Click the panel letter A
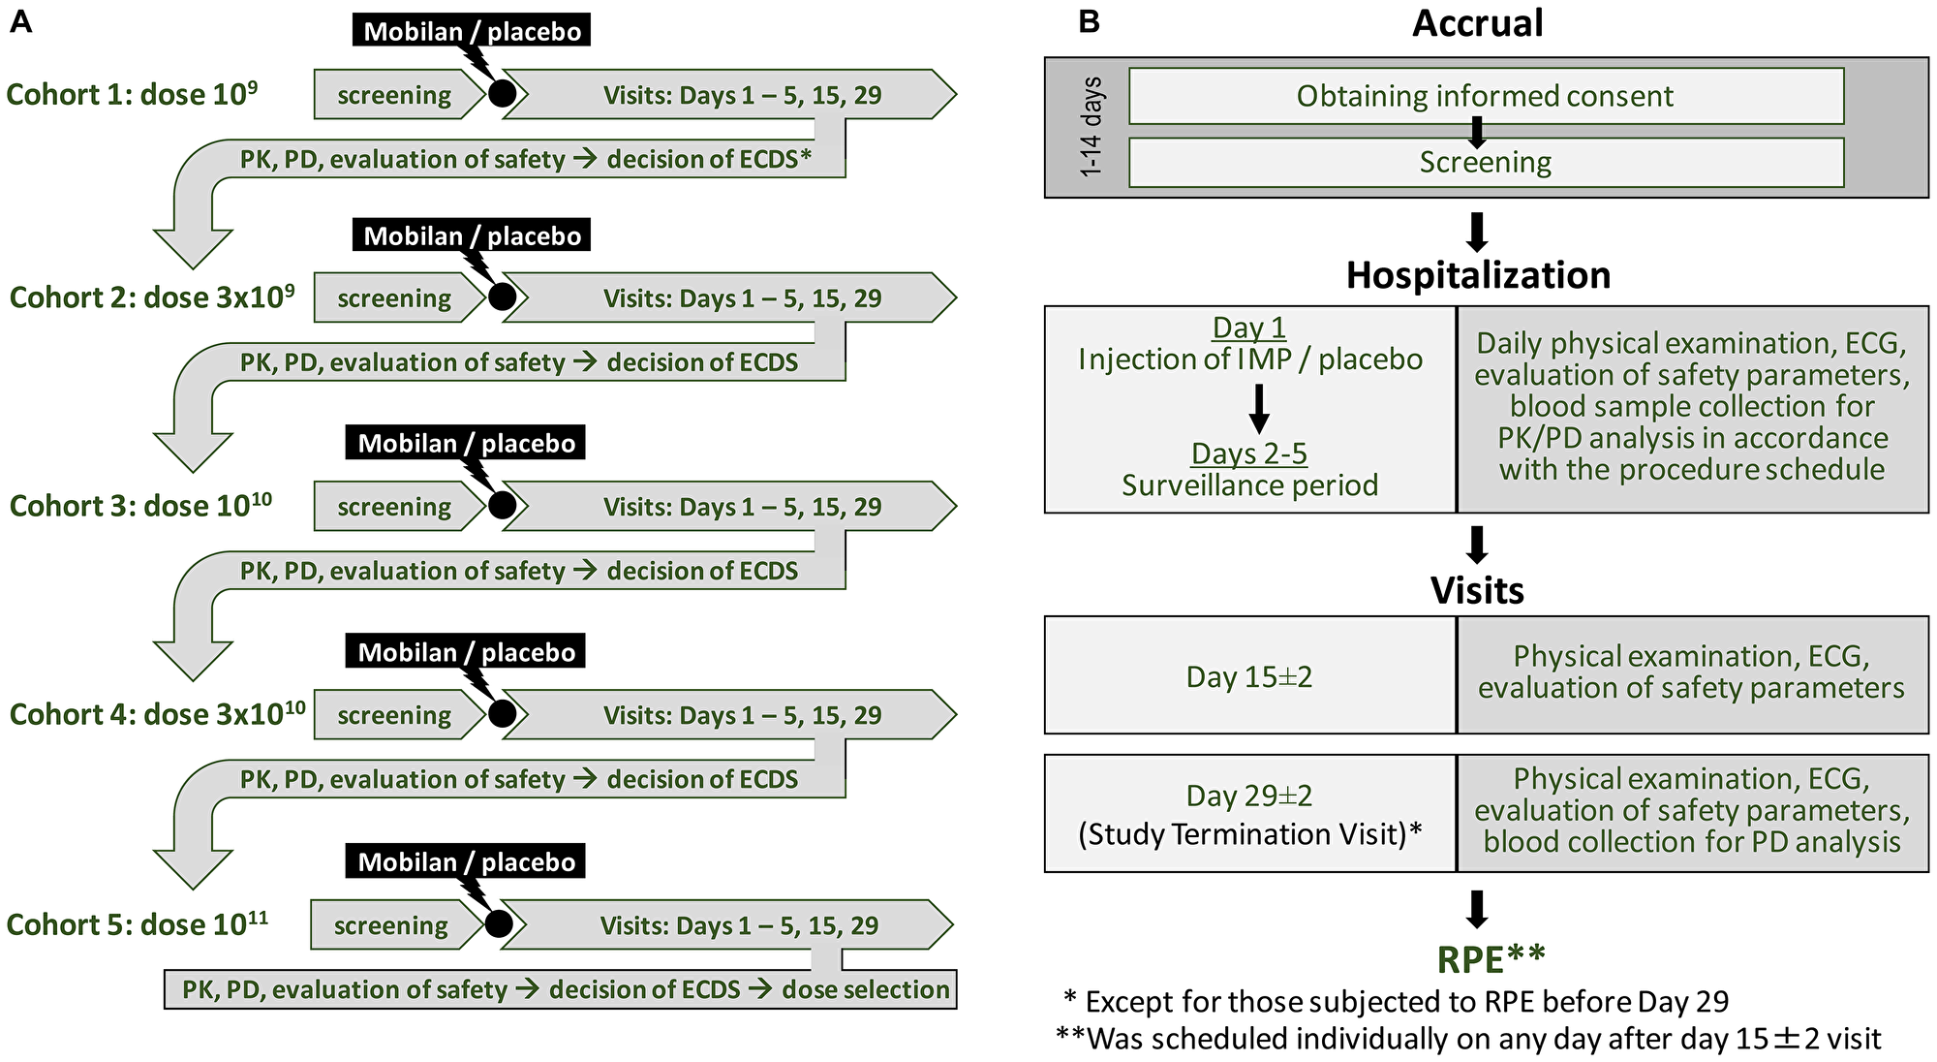[x=20, y=21]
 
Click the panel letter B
[x=1089, y=21]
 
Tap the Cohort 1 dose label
[x=132, y=94]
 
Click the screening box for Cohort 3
[x=394, y=507]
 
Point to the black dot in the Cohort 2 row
[x=502, y=297]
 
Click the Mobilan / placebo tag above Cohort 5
[x=466, y=861]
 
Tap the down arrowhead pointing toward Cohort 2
[x=193, y=249]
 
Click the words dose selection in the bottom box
[x=865, y=989]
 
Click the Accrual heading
[x=1477, y=23]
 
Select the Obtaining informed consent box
[x=1485, y=96]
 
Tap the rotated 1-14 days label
[x=1091, y=127]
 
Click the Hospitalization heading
[x=1478, y=275]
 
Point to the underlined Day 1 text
[x=1248, y=328]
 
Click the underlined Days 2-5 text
[x=1248, y=453]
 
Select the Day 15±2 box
[x=1249, y=675]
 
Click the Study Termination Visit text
[x=1249, y=833]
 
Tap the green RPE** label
[x=1491, y=958]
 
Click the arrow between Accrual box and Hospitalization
[x=1477, y=233]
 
